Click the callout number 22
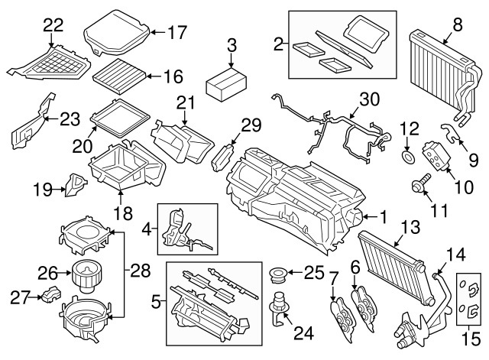53,24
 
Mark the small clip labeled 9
453,135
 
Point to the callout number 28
138,269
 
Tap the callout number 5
156,302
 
